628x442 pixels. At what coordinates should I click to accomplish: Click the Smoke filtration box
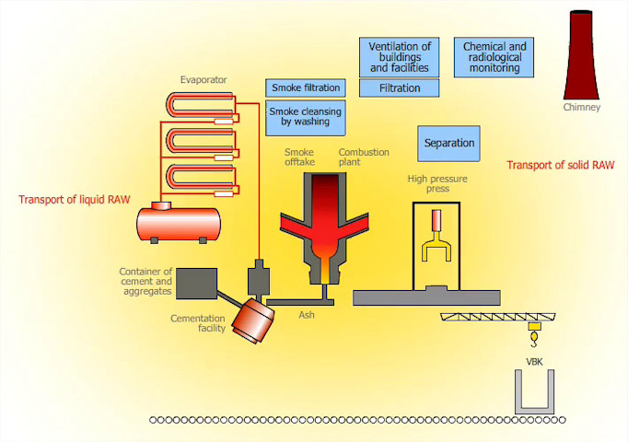pos(306,87)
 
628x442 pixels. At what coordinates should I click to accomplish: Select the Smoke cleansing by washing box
pos(306,115)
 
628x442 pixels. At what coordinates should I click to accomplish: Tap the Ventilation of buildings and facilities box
pos(400,57)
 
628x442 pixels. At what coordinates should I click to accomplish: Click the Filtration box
pos(400,88)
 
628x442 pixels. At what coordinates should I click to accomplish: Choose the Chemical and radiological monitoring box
pos(494,57)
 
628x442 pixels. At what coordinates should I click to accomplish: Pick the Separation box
pos(449,144)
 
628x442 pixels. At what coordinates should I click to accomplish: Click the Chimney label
pos(581,108)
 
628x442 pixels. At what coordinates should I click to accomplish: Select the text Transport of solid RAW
pos(561,166)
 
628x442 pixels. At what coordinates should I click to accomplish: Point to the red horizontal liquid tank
pos(179,222)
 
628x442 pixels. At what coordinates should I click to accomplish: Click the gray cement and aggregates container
pos(195,283)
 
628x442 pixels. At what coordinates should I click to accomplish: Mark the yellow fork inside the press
pos(437,250)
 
